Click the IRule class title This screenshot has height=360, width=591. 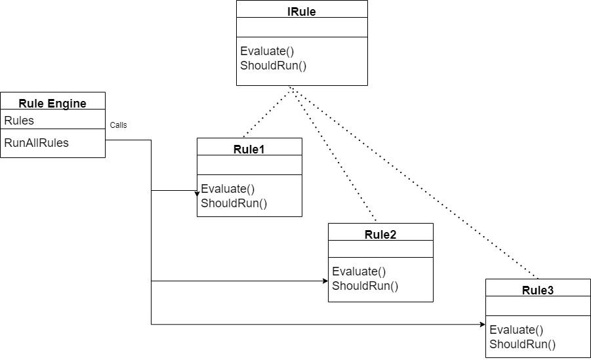point(302,11)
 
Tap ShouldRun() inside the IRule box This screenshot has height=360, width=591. point(274,65)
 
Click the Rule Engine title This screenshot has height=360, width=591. point(52,103)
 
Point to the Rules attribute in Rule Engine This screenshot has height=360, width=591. point(19,120)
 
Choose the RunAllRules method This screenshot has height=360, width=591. point(36,142)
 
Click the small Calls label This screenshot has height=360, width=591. point(118,125)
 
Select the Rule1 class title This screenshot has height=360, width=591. point(249,149)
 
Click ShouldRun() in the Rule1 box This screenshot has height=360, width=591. point(234,203)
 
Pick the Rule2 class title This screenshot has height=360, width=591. point(380,234)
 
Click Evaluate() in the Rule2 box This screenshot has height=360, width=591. point(359,271)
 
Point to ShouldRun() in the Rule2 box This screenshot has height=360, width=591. point(365,285)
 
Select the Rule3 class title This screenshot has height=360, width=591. point(538,290)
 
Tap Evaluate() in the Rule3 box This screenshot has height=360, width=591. point(516,330)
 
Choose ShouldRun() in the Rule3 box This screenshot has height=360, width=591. point(523,344)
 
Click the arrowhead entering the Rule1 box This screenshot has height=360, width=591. point(196,193)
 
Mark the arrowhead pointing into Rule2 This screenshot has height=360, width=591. point(325,281)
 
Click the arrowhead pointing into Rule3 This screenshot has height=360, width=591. point(482,324)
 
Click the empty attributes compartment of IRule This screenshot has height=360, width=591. point(302,28)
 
